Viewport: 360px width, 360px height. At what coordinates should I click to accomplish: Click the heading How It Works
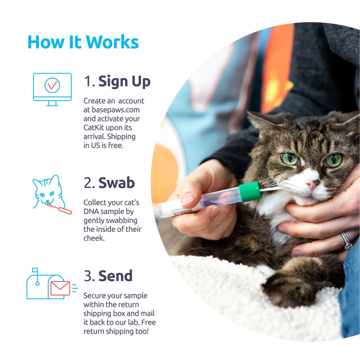pos(83,42)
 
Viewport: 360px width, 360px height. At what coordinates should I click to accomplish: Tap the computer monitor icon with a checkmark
pos(52,89)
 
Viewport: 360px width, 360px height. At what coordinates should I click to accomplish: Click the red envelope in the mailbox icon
pos(60,288)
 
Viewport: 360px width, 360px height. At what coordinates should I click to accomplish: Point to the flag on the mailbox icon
pos(35,270)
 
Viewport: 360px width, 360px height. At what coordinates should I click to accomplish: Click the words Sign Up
pos(124,81)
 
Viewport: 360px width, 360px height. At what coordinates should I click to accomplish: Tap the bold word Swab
pos(116,183)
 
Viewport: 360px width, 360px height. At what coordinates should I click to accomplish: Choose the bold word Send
pos(115,275)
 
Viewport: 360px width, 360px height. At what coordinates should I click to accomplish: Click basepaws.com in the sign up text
pos(115,109)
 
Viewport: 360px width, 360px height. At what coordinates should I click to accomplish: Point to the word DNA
pos(91,211)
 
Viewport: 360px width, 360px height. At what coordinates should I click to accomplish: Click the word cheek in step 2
pos(94,238)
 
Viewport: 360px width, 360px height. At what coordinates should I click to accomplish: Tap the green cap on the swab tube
pos(250,191)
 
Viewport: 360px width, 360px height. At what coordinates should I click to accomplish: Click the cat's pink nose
pos(312,184)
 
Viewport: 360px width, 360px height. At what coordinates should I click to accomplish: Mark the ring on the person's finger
pos(346,241)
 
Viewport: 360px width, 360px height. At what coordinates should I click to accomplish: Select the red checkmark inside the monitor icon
pos(52,85)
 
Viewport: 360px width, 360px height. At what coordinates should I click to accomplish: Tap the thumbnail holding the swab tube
pos(188,198)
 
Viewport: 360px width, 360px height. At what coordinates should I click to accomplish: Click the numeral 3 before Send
pos(88,275)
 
